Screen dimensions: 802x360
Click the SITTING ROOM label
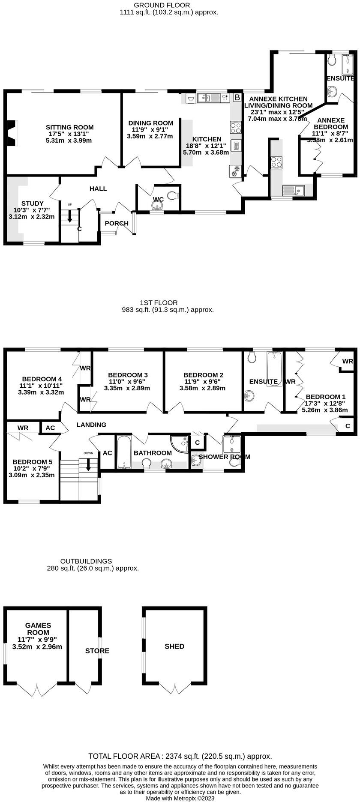point(69,127)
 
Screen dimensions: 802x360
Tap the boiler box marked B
point(237,98)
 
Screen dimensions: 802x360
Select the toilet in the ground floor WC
point(172,195)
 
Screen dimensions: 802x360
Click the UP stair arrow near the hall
point(69,213)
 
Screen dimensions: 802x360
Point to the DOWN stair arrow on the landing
point(88,464)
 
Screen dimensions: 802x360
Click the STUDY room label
point(33,203)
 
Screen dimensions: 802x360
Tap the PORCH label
point(117,223)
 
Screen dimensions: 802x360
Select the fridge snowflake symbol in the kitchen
point(234,173)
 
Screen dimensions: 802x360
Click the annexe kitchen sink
point(293,190)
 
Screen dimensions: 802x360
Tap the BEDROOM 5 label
point(33,462)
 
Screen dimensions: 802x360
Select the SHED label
point(174,646)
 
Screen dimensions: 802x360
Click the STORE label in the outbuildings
point(97,651)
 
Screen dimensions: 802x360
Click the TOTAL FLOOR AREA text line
point(180,757)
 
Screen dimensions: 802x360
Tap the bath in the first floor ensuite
point(274,368)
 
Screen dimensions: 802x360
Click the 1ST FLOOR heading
point(159,302)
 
